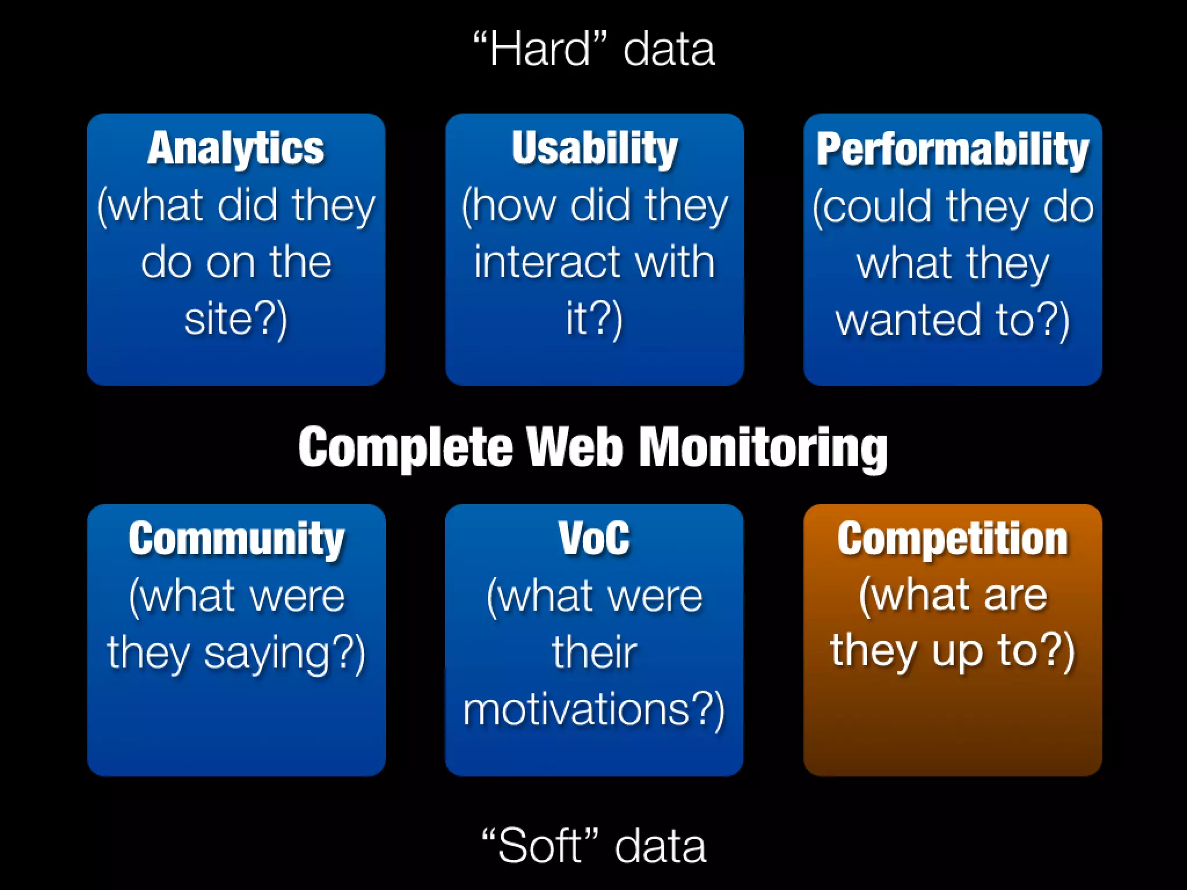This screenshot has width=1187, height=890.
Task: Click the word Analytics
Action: [235, 148]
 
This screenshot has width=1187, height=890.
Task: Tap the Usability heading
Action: [595, 148]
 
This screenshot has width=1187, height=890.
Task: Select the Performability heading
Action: [952, 149]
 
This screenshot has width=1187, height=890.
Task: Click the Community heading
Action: [236, 539]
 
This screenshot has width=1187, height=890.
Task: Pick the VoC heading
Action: [594, 539]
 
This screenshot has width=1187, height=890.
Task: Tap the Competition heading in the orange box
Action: [952, 539]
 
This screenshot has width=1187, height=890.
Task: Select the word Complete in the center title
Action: [406, 447]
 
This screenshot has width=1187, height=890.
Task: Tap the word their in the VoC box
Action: [594, 652]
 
